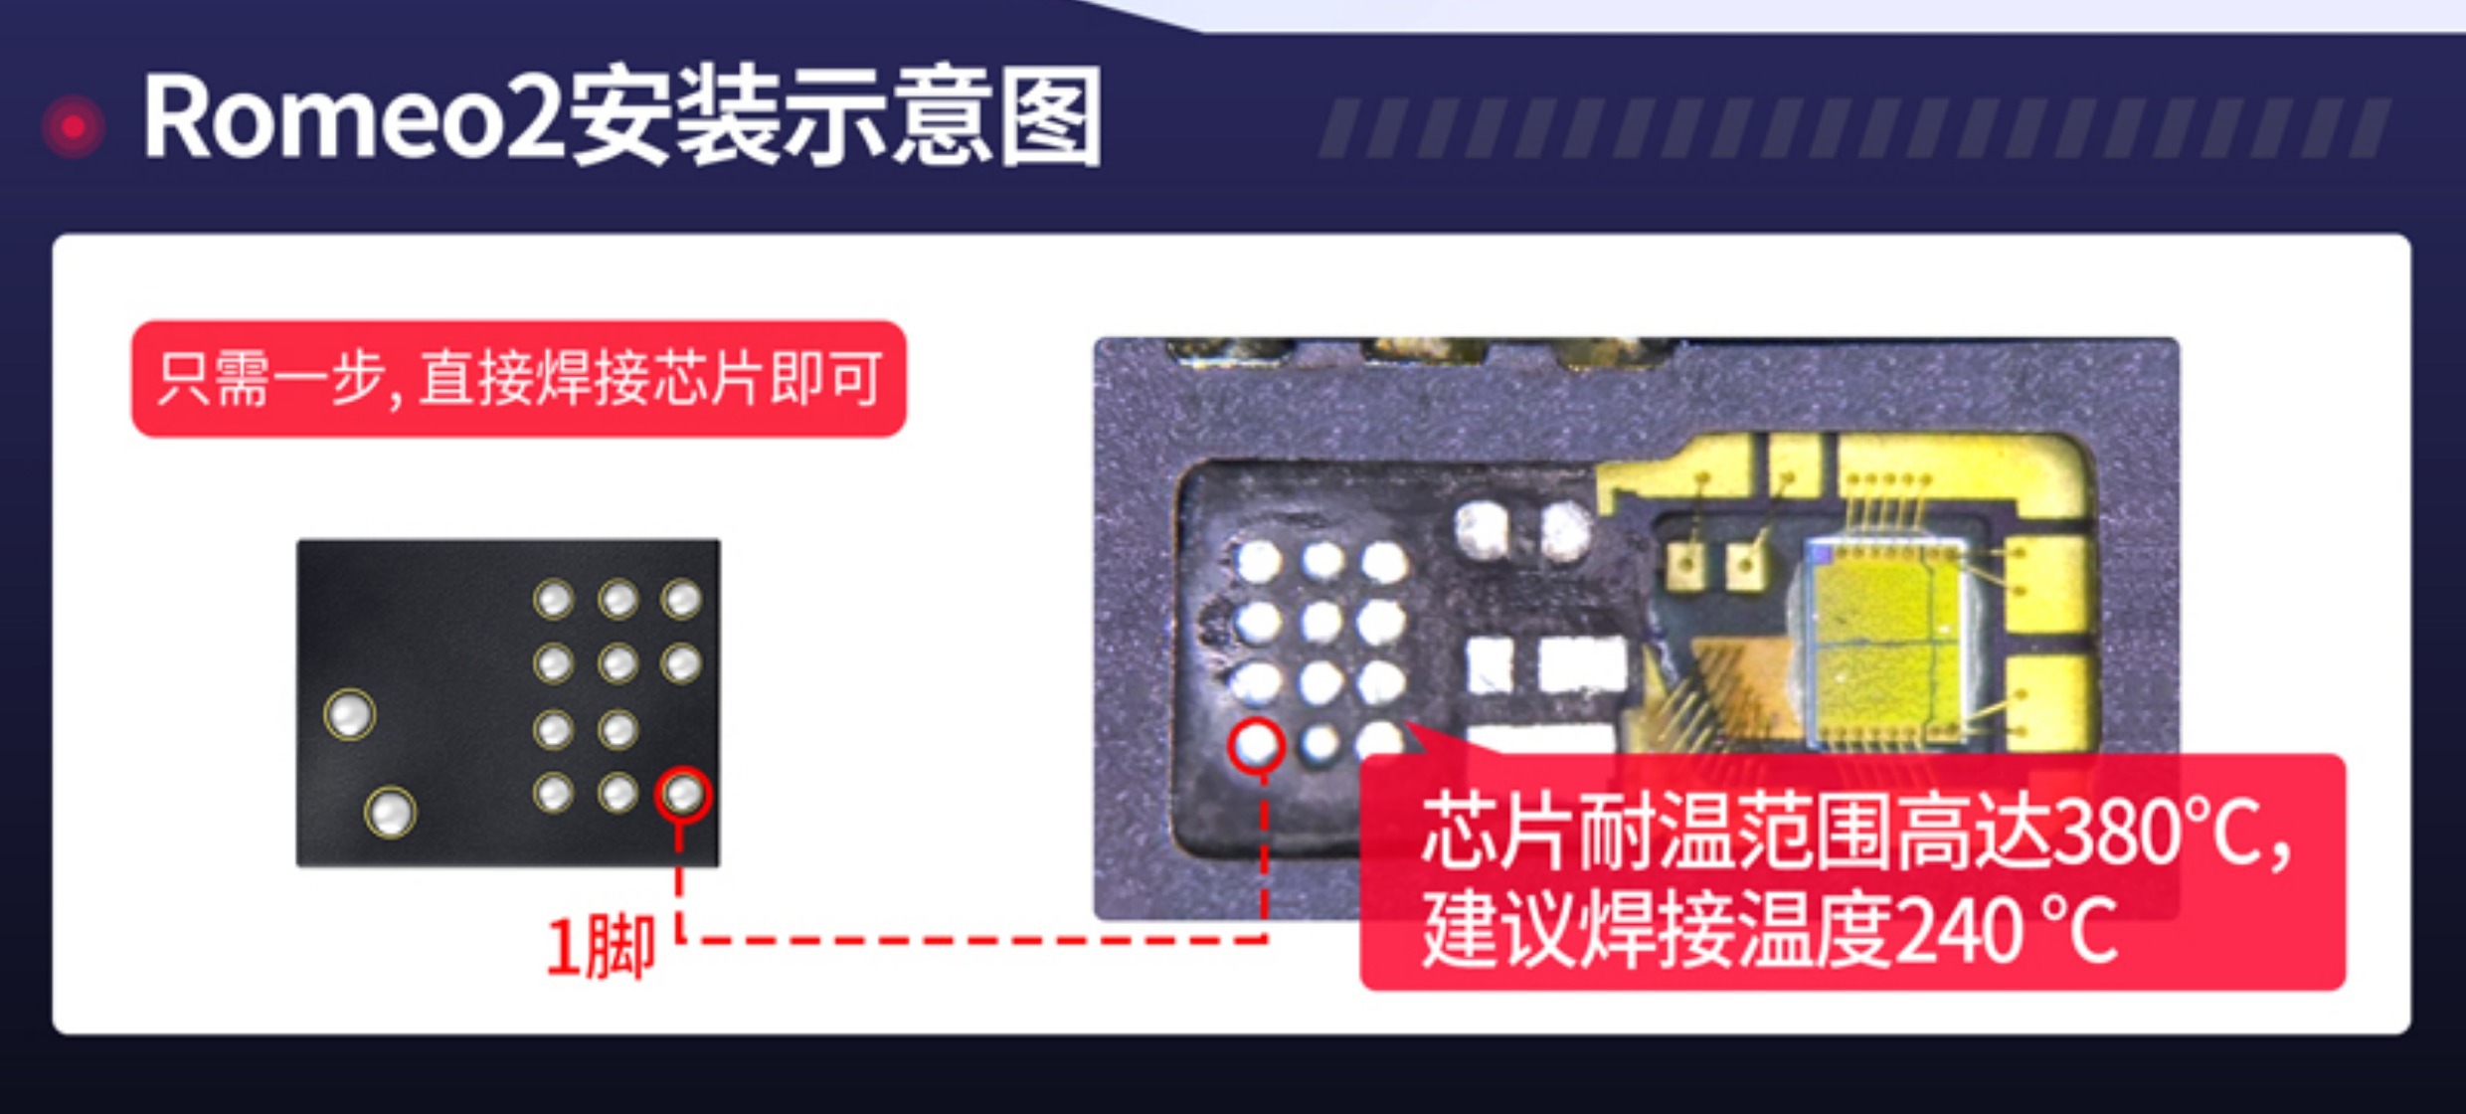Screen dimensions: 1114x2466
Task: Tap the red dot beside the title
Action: coord(73,126)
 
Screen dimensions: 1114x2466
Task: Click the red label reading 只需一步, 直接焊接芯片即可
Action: coord(518,379)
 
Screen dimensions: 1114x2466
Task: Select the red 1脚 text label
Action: coord(601,948)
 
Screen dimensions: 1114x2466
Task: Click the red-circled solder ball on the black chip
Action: coord(683,794)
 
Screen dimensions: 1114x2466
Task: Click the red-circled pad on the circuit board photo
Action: coord(1257,745)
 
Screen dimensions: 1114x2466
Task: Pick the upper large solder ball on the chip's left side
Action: coord(349,714)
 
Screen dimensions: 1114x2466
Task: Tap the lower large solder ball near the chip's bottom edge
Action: coord(390,812)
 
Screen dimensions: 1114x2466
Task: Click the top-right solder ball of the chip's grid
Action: coord(682,600)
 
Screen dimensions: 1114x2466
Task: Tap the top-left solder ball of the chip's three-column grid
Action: coord(554,600)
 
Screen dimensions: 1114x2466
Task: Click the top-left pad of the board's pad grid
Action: coord(1259,561)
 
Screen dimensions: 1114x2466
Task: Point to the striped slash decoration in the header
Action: coord(1854,127)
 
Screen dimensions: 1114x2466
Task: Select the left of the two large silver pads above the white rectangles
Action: coord(1483,527)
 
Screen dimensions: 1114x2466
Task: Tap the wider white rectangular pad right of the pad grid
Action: coord(1581,664)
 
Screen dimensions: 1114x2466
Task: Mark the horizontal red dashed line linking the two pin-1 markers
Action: coord(974,939)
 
